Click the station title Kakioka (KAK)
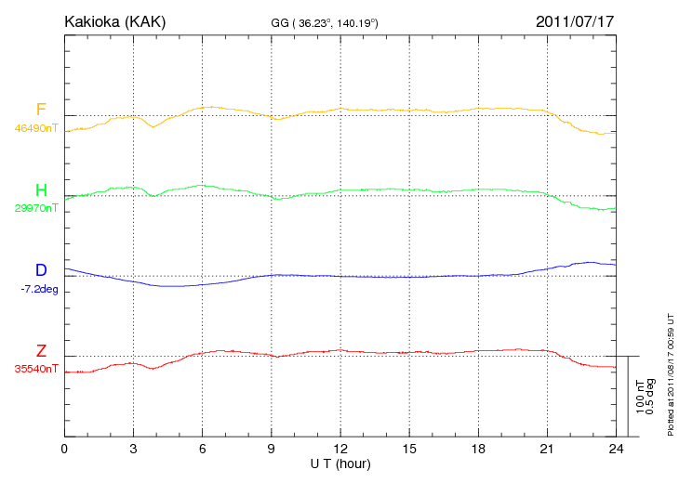click(114, 21)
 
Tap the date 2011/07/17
click(576, 21)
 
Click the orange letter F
click(41, 110)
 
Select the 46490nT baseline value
click(36, 128)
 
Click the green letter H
click(41, 190)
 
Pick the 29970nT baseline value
click(36, 208)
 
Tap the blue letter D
click(41, 270)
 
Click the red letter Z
click(41, 351)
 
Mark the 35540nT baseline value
click(36, 369)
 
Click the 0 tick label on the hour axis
click(64, 449)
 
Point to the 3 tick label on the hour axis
click(133, 449)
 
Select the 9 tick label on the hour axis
click(272, 449)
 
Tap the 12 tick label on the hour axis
click(340, 449)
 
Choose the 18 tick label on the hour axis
click(479, 449)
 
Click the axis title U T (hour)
click(340, 463)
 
